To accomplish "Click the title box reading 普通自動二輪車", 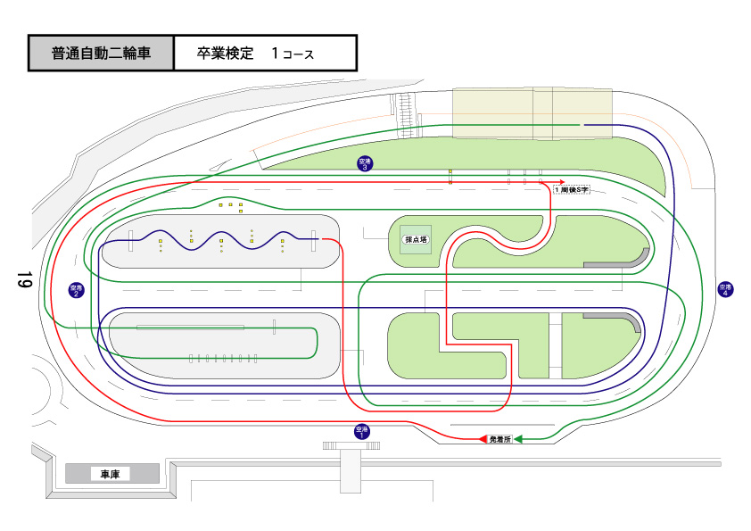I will [101, 54].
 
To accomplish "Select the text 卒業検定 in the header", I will [226, 54].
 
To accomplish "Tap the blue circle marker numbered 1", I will [361, 432].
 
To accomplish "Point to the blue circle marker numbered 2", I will [76, 290].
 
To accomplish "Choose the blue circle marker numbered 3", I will [364, 163].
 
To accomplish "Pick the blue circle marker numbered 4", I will [725, 289].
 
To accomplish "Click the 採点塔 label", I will [416, 239].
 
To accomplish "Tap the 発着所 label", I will [500, 439].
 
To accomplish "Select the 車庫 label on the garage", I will [111, 474].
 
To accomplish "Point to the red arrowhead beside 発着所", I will [483, 439].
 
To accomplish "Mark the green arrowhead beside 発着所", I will [518, 439].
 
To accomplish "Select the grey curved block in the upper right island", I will [621, 260].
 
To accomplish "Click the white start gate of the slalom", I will [130, 240].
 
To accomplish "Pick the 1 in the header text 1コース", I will [276, 54].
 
